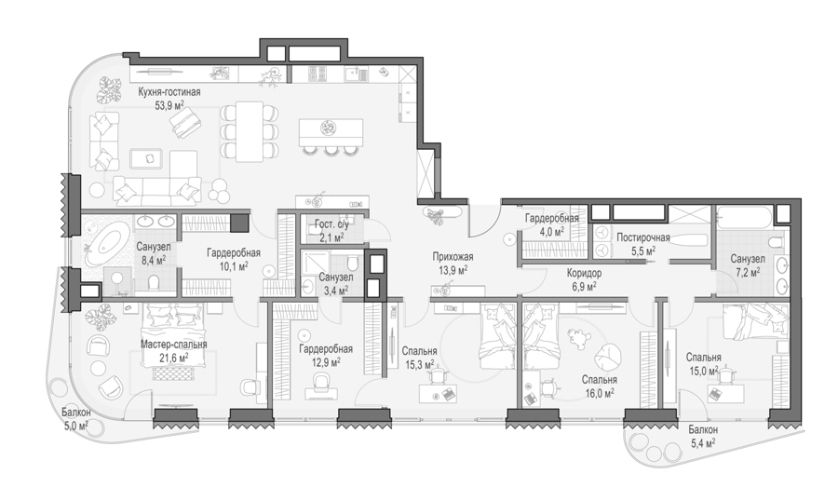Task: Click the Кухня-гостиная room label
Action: (x=169, y=92)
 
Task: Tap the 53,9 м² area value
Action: (x=169, y=105)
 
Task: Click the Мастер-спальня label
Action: (x=174, y=345)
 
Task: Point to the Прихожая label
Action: (x=453, y=257)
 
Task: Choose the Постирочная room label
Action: (x=642, y=237)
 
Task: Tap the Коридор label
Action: (x=584, y=273)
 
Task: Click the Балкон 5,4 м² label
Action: (x=703, y=437)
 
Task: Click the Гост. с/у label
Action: (x=331, y=224)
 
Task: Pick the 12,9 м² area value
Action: (x=326, y=362)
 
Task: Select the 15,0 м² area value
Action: (x=703, y=371)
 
